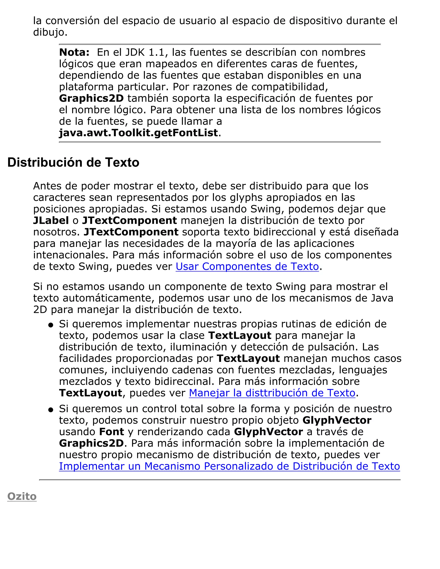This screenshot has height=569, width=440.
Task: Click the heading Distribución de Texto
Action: point(73,163)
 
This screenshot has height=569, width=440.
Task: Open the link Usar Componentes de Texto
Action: point(247,266)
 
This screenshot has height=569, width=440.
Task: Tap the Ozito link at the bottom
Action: point(22,496)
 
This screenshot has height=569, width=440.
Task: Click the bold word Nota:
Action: point(74,52)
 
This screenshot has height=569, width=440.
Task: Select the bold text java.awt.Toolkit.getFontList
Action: point(138,133)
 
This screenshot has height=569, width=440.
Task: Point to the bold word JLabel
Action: point(51,221)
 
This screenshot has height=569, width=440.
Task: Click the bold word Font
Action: point(112,432)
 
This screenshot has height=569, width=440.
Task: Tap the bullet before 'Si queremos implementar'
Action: point(51,325)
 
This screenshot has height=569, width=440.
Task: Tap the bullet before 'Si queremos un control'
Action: point(51,410)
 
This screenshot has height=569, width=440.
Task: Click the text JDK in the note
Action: point(135,52)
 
